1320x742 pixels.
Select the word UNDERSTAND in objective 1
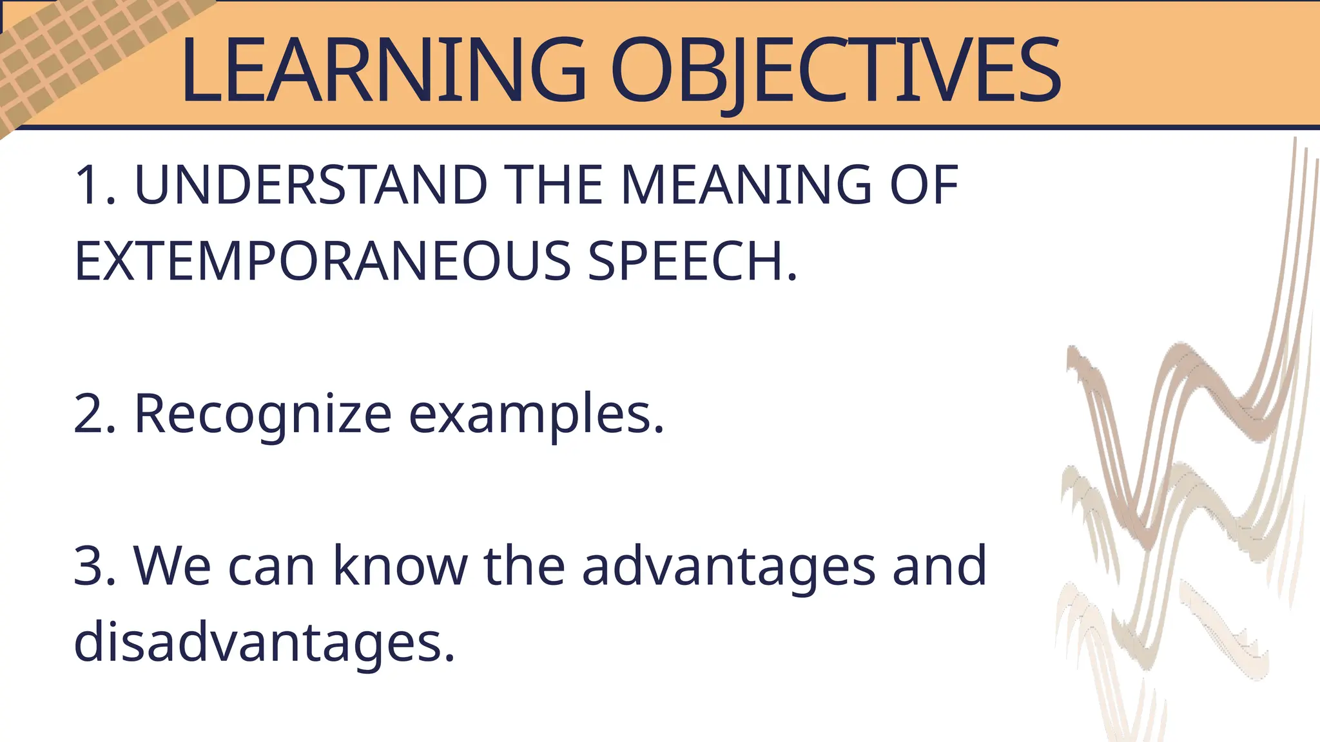tap(311, 185)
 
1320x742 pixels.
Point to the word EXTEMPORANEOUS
tap(322, 261)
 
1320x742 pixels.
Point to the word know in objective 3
tap(400, 566)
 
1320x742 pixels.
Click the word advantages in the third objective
tap(728, 566)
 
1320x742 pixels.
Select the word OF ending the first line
tap(924, 185)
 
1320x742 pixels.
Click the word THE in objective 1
tap(554, 185)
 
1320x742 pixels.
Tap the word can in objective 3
tap(271, 566)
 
